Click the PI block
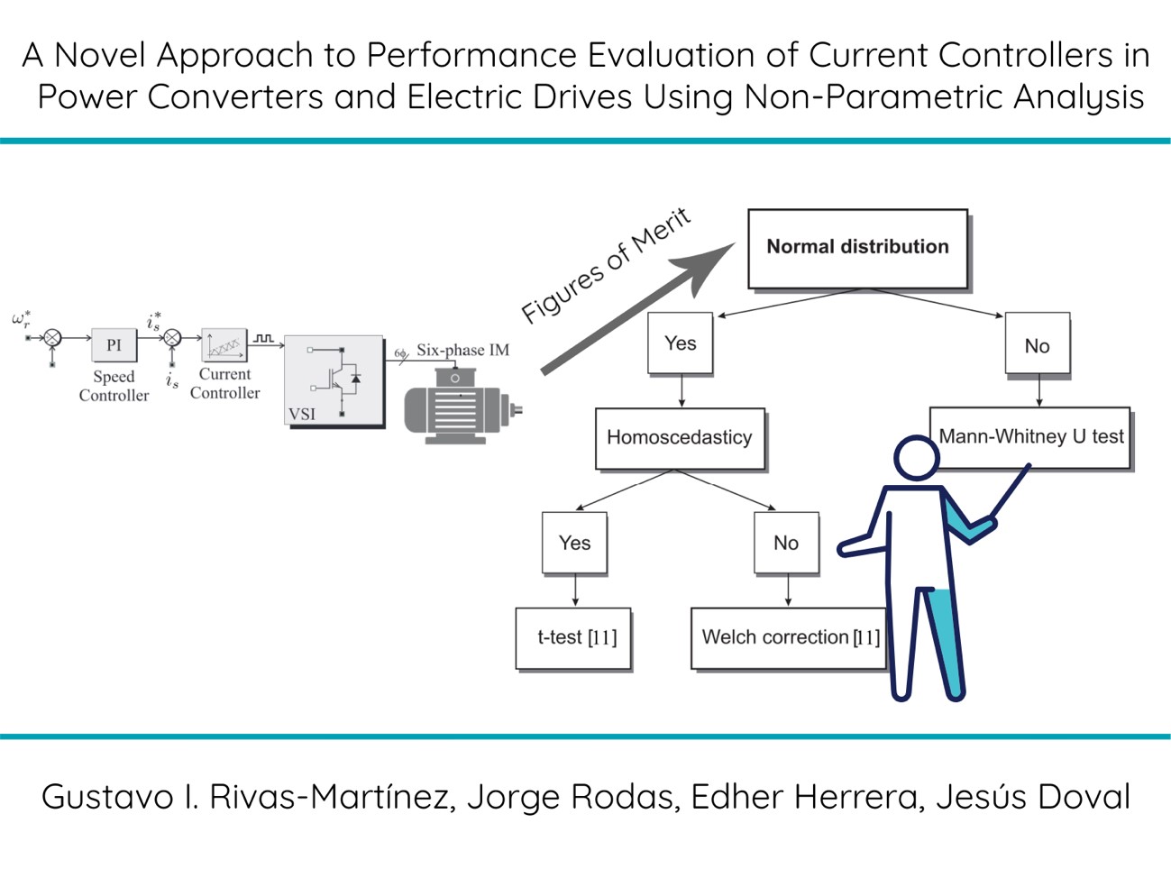pyautogui.click(x=114, y=344)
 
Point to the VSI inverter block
pyautogui.click(x=334, y=380)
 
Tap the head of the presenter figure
pyautogui.click(x=917, y=458)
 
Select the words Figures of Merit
pyautogui.click(x=606, y=266)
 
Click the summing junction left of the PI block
pyautogui.click(x=52, y=338)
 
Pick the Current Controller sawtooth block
pyautogui.click(x=224, y=345)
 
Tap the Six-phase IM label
pyautogui.click(x=463, y=350)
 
